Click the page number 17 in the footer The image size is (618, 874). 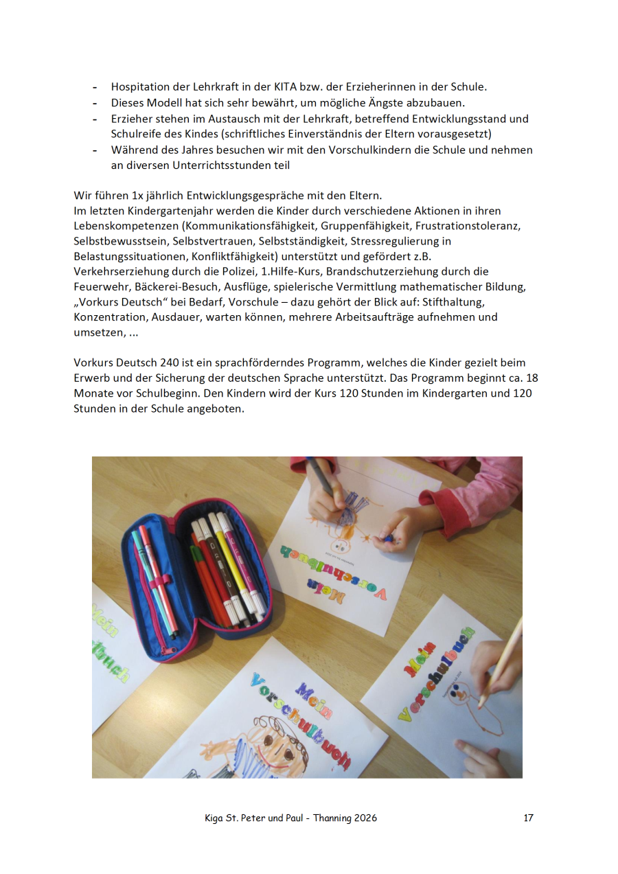528,818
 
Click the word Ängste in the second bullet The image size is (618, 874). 388,103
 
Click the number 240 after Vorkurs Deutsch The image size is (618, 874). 172,362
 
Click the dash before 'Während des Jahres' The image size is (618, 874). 95,150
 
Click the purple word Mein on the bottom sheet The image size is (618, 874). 313,697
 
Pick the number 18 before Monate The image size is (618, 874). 531,378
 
